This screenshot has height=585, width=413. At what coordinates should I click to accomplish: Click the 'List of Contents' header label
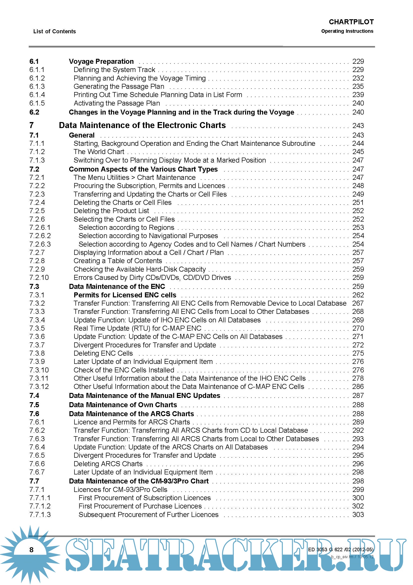pos(54,31)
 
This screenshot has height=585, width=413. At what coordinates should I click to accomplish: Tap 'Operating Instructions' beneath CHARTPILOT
pos(347,31)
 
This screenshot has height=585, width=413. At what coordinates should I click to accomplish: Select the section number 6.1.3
pos(37,86)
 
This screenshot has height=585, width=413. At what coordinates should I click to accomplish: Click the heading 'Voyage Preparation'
pos(101,62)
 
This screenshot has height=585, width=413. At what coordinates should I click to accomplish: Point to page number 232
pos(358,78)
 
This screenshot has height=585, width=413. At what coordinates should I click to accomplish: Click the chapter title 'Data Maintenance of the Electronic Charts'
pos(142,125)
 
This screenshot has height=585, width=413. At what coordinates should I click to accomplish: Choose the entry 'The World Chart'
pos(99,152)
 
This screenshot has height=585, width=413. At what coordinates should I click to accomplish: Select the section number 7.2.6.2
pos(40,236)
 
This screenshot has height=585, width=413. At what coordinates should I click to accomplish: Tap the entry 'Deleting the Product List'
pos(111,211)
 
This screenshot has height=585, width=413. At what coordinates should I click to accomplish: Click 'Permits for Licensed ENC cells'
pos(125,295)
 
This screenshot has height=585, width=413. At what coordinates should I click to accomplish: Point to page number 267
pos(358,303)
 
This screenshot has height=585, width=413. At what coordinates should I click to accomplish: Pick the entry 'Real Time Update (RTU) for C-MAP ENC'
pos(137,328)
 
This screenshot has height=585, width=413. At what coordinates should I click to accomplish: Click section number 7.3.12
pos(39,386)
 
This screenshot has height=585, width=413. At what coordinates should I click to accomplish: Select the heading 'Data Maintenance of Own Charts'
pos(123,405)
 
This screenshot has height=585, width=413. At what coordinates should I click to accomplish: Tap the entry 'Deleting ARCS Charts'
pos(108,464)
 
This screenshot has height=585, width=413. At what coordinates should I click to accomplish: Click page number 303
pos(358,514)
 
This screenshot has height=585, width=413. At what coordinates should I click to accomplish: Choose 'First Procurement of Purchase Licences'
pos(140,506)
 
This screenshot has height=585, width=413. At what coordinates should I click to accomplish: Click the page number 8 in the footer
pos(31,549)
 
